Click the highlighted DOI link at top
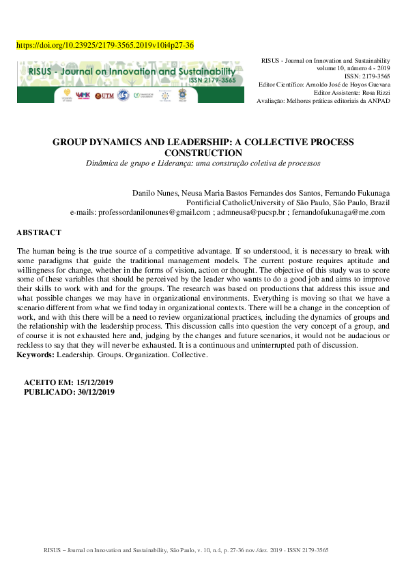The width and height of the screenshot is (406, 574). (104, 46)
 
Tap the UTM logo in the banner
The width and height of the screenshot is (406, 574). (104, 96)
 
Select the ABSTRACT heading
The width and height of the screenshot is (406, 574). (39, 233)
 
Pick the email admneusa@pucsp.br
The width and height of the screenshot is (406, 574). (251, 213)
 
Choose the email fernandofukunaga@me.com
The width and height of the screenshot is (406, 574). (338, 213)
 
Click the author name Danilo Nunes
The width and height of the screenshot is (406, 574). (151, 192)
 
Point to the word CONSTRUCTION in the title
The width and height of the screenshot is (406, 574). (203, 153)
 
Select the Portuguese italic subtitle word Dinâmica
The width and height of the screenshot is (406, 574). (102, 164)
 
